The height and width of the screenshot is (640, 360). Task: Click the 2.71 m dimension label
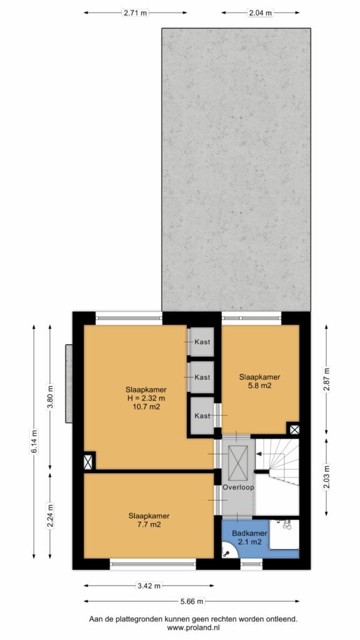[x=136, y=12]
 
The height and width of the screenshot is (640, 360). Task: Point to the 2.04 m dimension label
[x=261, y=12]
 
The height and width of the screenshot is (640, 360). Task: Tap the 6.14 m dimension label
[x=34, y=441]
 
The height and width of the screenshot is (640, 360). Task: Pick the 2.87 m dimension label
[x=326, y=379]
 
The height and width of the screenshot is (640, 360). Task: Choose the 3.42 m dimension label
[x=149, y=586]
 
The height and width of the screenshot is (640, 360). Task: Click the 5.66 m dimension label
[x=192, y=601]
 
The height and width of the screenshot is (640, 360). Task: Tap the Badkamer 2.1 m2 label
[x=249, y=537]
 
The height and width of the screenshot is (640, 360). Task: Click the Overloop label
[x=238, y=487]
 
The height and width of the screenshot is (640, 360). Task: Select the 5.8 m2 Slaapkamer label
[x=259, y=381]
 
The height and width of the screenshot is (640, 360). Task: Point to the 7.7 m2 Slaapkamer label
[x=149, y=520]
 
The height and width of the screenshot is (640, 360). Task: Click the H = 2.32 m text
[x=146, y=398]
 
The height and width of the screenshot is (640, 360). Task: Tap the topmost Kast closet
[x=201, y=342]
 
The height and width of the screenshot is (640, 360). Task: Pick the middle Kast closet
[x=201, y=377]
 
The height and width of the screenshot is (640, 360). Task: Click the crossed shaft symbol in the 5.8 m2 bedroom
[x=294, y=429]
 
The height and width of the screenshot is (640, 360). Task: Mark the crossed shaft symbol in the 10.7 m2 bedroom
[x=88, y=462]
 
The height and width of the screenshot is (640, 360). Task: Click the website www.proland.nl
[x=193, y=627]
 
